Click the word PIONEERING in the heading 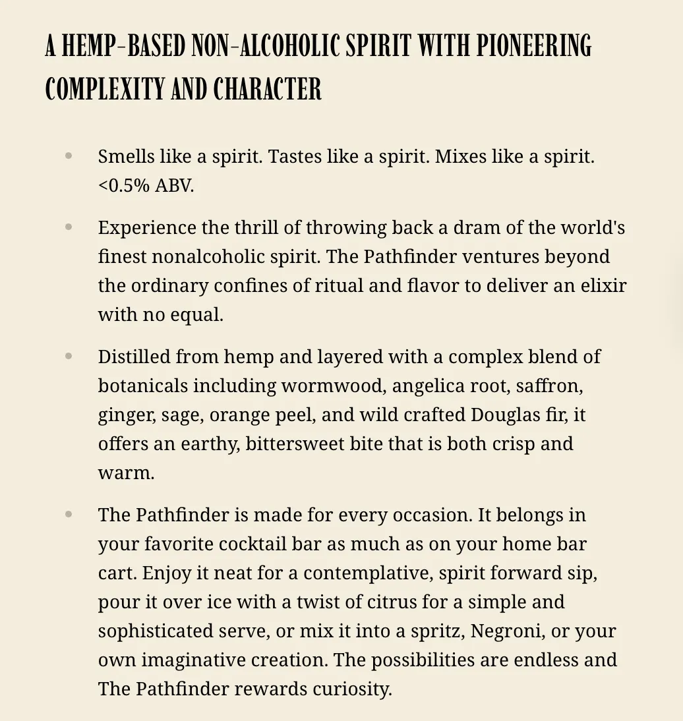coord(534,46)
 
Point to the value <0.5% coord(124,186)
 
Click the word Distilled coord(134,357)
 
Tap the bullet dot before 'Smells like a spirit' coord(69,156)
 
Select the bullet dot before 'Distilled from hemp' coord(69,356)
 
